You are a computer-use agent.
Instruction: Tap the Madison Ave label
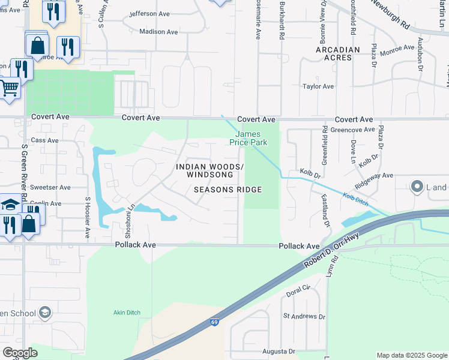[x=158, y=32]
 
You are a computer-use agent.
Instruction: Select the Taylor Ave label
[x=318, y=86]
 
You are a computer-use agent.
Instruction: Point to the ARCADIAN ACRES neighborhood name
[x=338, y=54]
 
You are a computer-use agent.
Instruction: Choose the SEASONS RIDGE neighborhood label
[x=228, y=190]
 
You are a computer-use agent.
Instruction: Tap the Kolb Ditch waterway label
[x=355, y=198]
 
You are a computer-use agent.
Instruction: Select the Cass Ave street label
[x=45, y=140]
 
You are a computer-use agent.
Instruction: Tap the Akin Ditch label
[x=127, y=313]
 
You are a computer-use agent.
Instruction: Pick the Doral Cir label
[x=297, y=290]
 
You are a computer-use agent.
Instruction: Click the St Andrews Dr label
[x=304, y=316]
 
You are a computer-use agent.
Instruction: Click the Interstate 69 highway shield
[x=214, y=322]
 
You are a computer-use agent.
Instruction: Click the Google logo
[x=20, y=353]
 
